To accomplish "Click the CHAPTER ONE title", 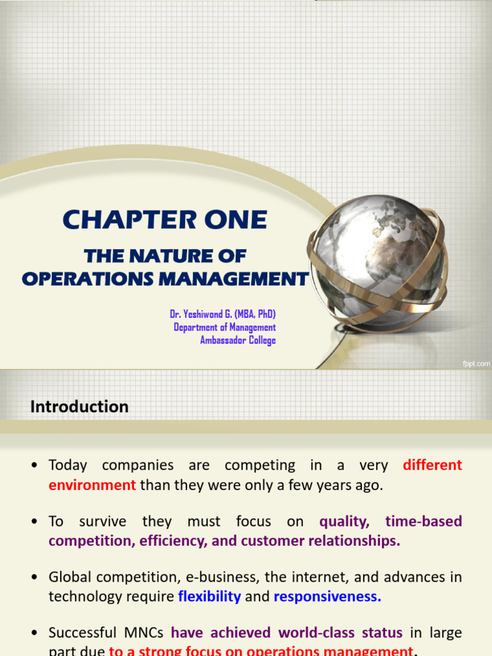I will pos(165,220).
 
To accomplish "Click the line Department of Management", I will pos(224,327).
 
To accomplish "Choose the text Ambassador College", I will pos(238,340).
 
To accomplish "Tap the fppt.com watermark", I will pos(476,363).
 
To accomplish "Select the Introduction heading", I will pos(79,407).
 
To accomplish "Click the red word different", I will pos(432,465).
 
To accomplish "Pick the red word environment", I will pos(92,485).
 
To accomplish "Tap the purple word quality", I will pos(345,521).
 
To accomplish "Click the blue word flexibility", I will pos(209,596).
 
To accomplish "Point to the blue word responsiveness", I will pos(327,596).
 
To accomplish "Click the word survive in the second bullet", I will pos(102,521).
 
